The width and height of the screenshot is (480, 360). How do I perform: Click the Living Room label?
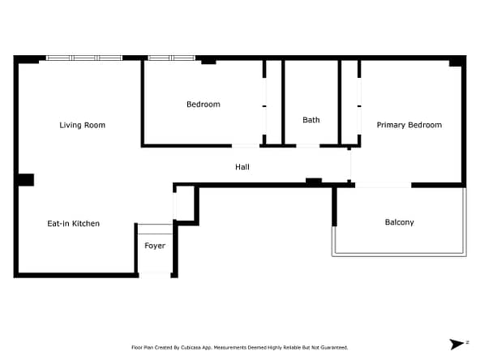[83, 125]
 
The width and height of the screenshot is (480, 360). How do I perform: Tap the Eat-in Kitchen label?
[74, 224]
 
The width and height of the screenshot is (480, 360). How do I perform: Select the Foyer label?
[155, 246]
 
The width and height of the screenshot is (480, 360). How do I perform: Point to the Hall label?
[242, 167]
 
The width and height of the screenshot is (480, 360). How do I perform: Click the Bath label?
[311, 120]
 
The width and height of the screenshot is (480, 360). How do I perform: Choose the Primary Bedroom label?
[409, 125]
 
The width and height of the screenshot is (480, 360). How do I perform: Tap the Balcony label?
[400, 222]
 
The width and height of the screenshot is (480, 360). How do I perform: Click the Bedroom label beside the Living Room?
[204, 105]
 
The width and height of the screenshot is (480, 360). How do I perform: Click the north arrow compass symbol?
[456, 344]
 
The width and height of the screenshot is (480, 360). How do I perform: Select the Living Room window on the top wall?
[84, 58]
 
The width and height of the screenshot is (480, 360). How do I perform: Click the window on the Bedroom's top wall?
[171, 58]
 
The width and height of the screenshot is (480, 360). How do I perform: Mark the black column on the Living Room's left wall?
[26, 180]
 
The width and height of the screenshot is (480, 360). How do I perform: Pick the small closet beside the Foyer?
[186, 204]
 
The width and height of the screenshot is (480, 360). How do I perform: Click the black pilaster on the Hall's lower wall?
[314, 182]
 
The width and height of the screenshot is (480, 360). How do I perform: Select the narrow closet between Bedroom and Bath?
[274, 102]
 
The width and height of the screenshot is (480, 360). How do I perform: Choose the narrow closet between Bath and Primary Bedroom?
[349, 102]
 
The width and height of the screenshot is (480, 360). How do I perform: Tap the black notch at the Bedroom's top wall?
[208, 62]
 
